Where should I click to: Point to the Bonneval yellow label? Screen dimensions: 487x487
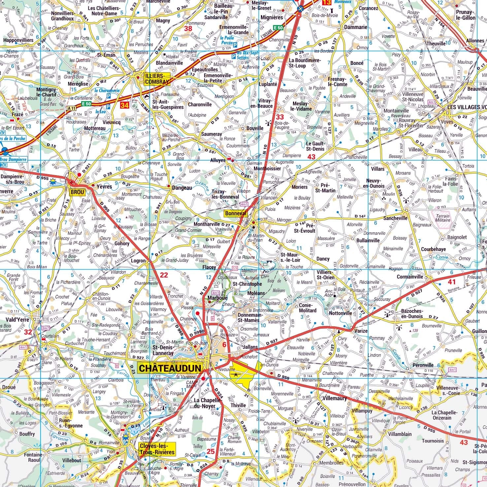tap(236, 213)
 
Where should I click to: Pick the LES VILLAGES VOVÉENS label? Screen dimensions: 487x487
tap(467, 107)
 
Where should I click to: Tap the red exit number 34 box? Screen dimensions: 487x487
tap(124, 105)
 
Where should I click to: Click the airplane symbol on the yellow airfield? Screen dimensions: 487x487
tap(236, 374)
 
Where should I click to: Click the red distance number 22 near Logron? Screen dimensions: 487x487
tap(164, 275)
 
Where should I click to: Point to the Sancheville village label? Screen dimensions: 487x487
tap(395, 218)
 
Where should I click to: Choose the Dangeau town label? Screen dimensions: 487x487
tap(181, 188)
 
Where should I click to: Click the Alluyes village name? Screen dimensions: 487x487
tap(218, 160)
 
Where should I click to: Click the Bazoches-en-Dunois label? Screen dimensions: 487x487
tap(412, 313)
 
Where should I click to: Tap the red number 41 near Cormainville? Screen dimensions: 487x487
tap(452, 282)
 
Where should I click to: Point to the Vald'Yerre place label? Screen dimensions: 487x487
tap(17, 319)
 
